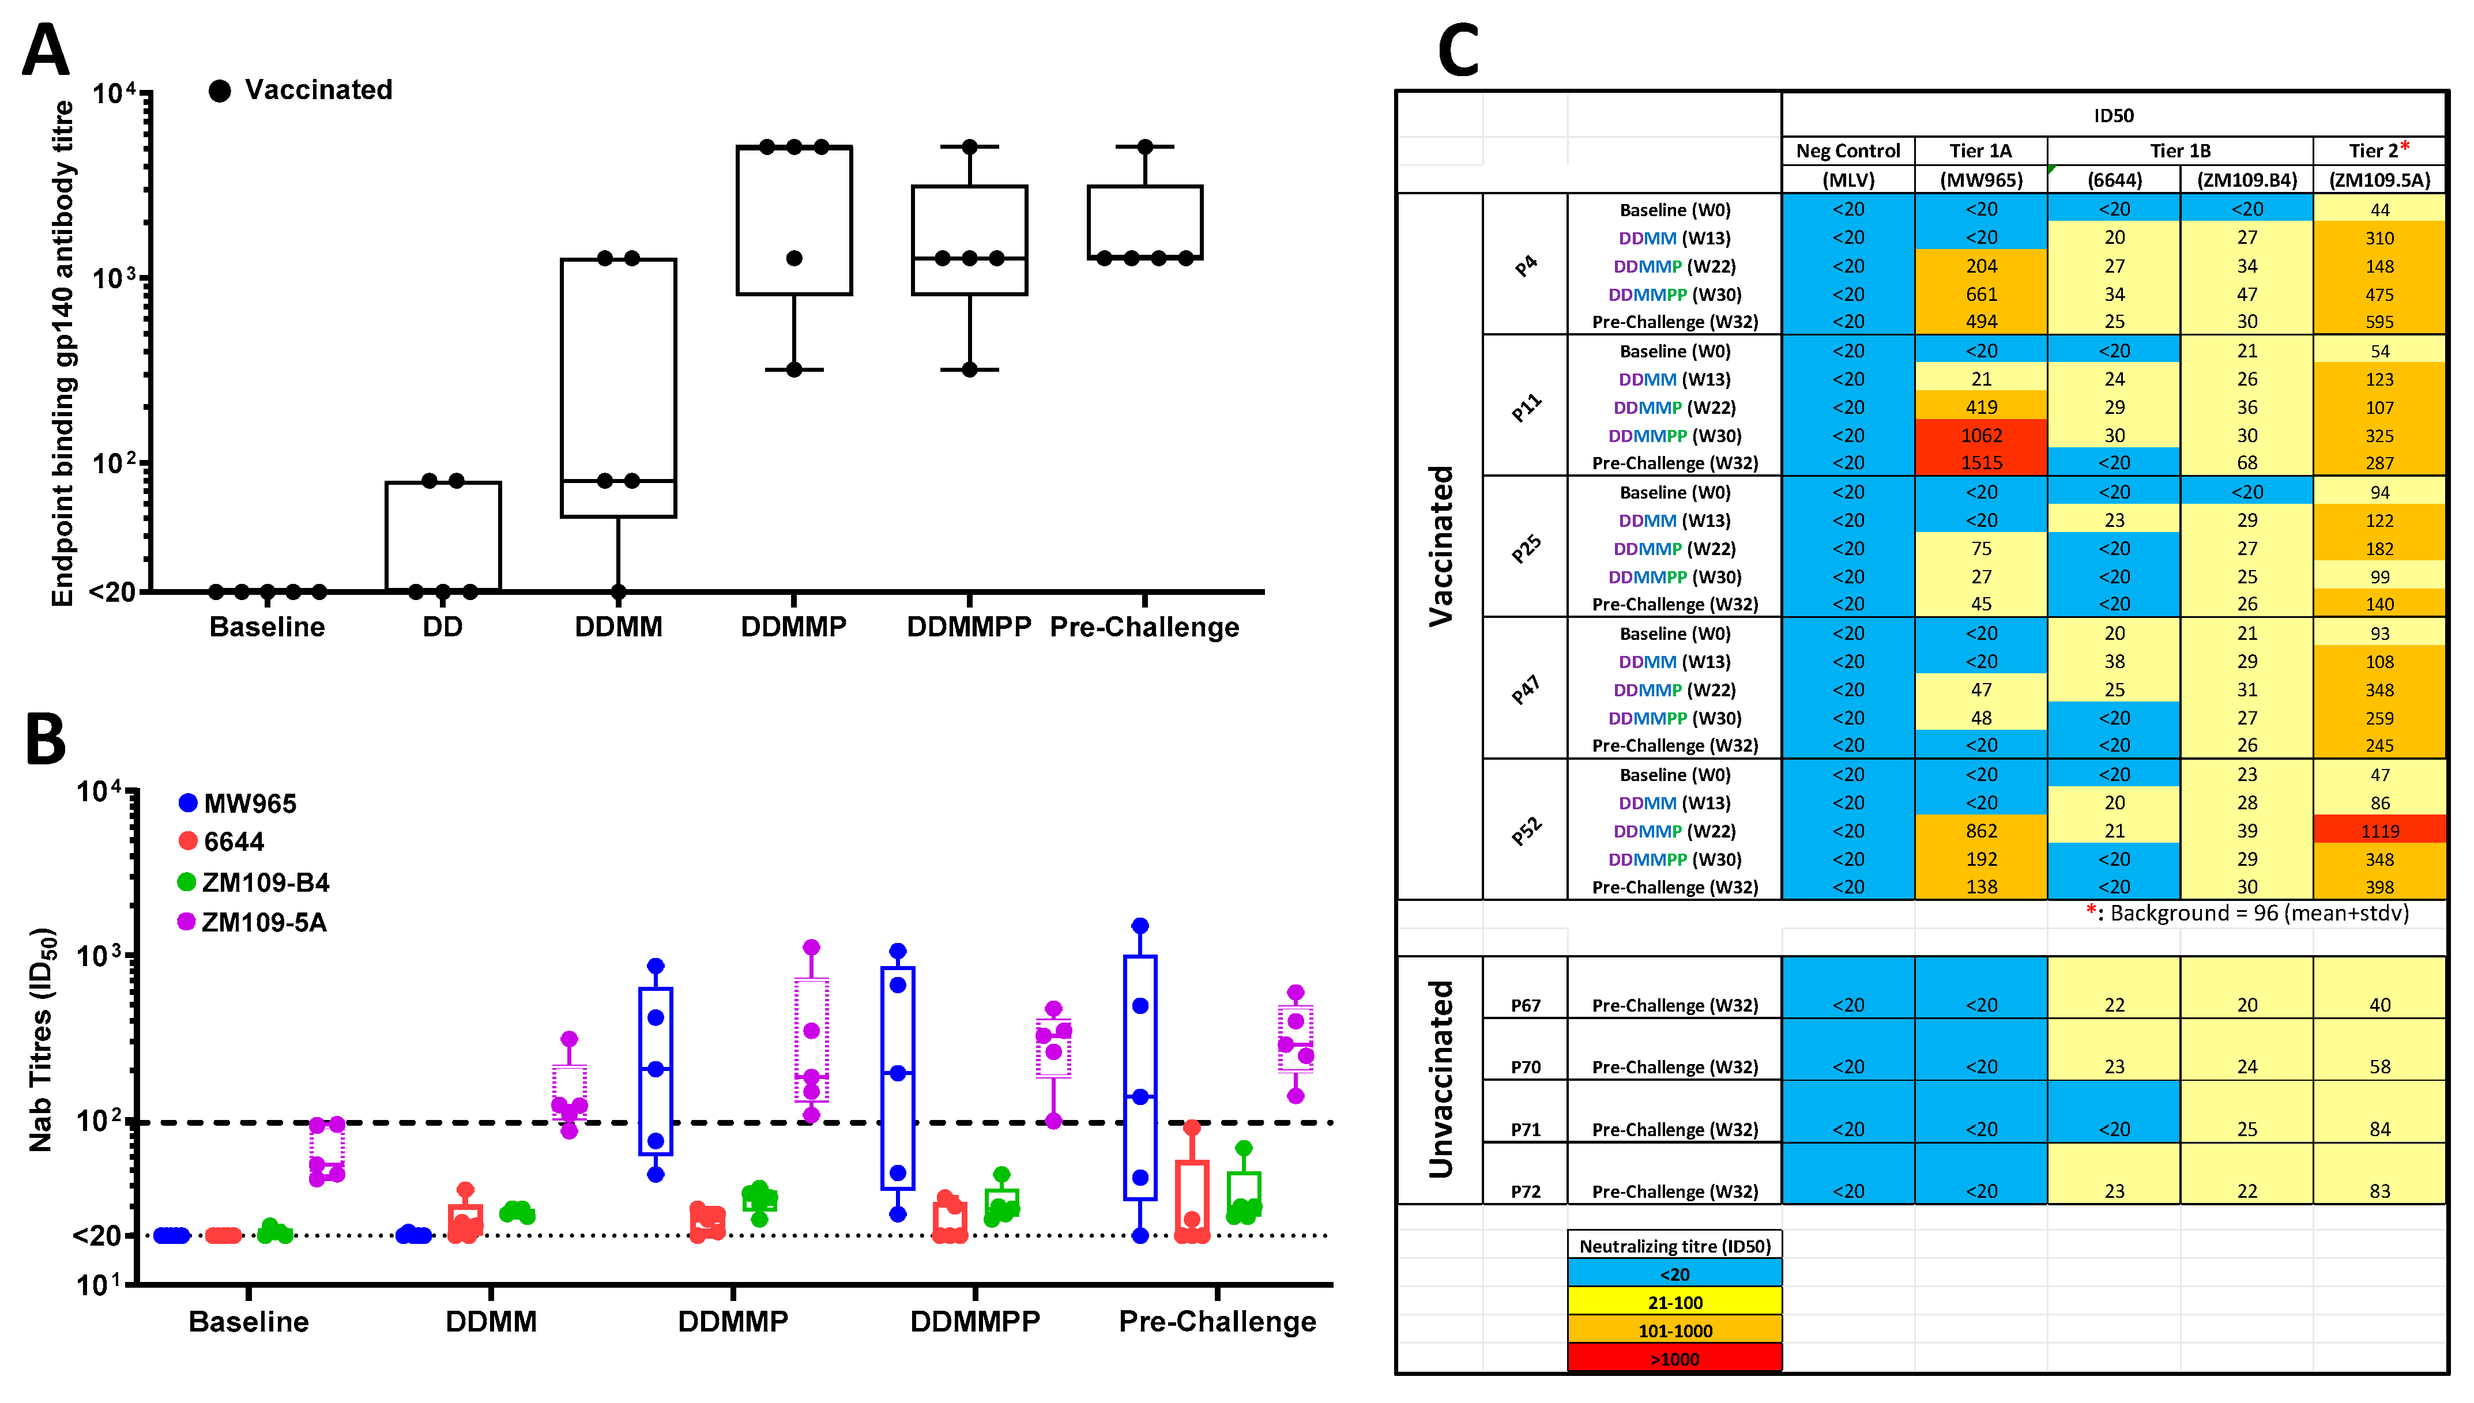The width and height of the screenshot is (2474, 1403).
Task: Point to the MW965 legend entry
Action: point(238,804)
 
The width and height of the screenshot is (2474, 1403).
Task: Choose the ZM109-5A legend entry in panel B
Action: point(253,923)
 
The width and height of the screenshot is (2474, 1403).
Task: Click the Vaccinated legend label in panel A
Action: point(318,89)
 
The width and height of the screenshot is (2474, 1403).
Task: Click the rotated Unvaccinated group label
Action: point(1440,1079)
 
